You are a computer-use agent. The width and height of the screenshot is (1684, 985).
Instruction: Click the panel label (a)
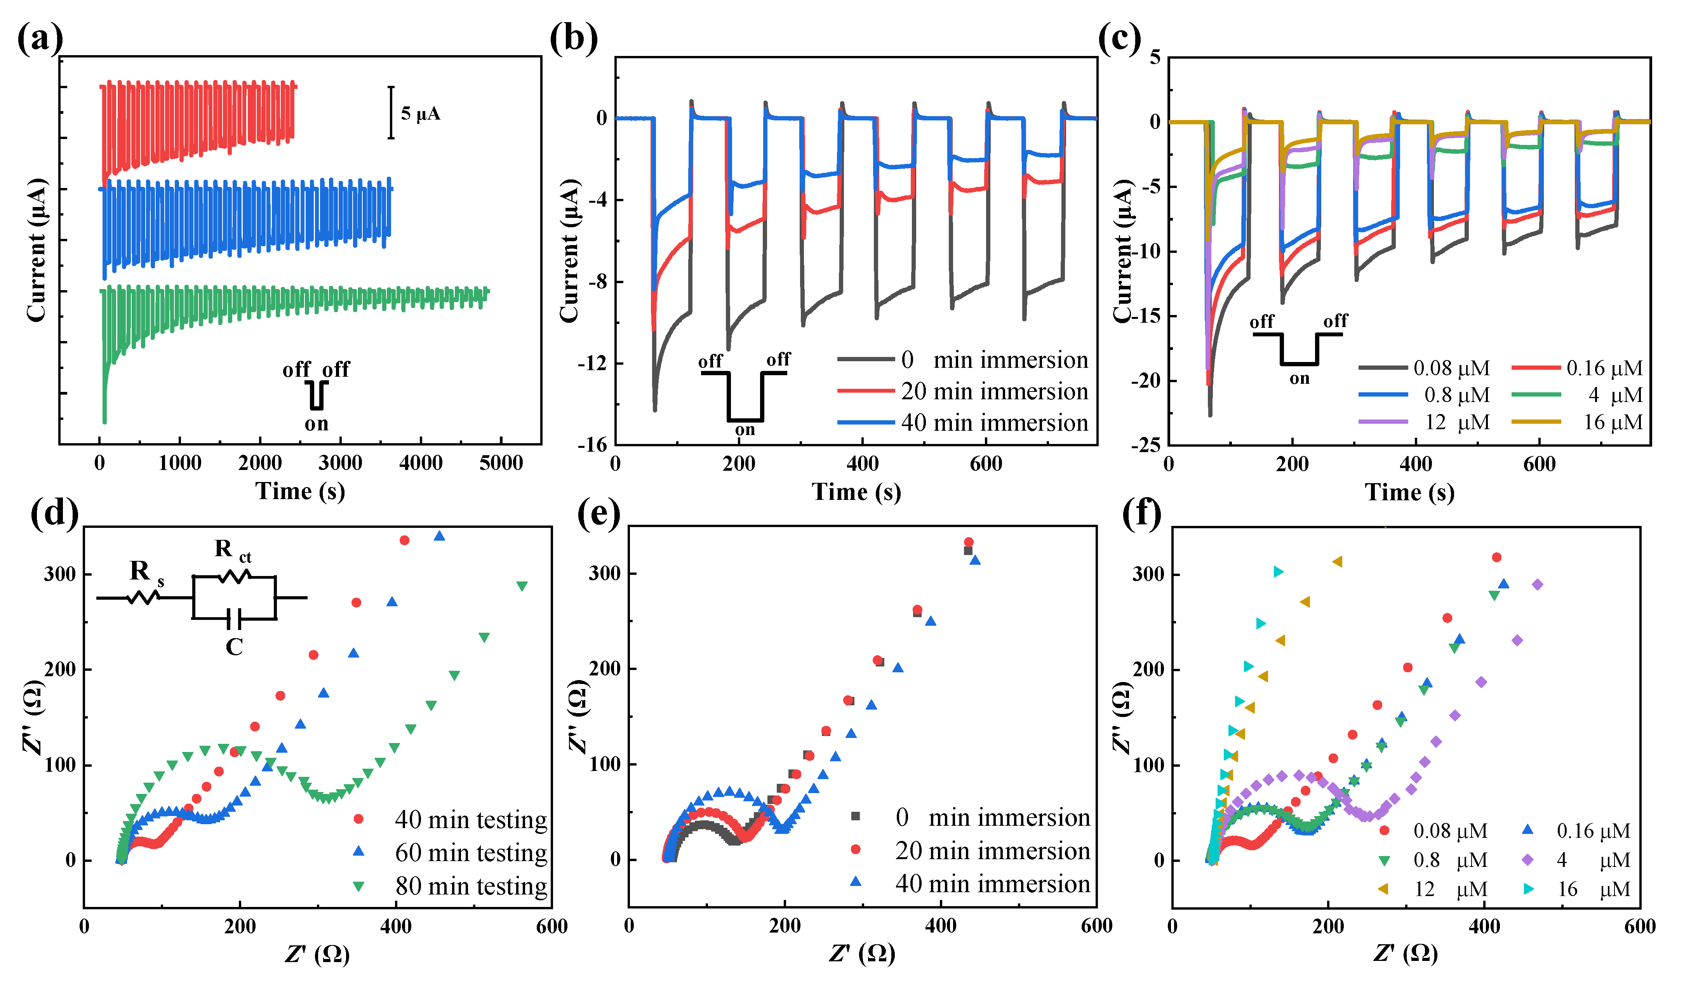pos(40,39)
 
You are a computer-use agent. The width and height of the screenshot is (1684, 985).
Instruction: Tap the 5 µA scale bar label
pos(420,114)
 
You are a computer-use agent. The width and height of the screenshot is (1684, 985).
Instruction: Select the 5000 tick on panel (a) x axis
pos(501,463)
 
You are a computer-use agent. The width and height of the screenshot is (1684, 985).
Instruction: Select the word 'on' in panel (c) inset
pos(1299,379)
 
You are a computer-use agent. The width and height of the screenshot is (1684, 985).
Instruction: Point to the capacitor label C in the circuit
pos(234,647)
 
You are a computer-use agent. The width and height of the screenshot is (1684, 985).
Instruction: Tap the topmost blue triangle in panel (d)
pos(439,536)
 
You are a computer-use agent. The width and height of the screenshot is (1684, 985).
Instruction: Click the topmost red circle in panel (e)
pos(968,542)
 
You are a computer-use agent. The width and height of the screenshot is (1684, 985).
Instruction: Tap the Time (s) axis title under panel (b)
pos(856,493)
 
